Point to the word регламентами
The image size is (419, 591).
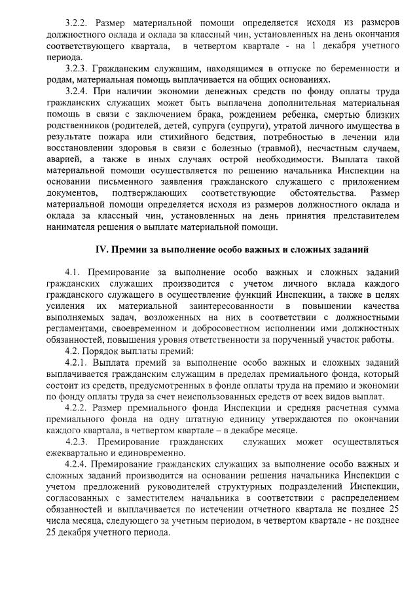coord(76,328)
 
